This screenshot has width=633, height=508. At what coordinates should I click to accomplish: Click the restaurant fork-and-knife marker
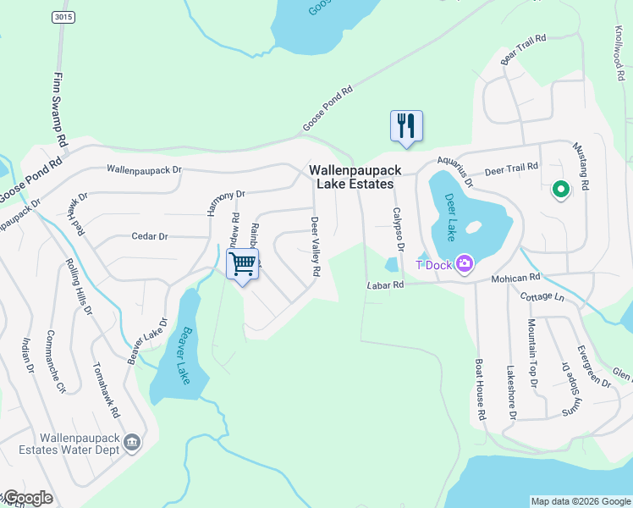click(406, 126)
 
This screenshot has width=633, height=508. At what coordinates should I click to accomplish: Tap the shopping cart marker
click(243, 264)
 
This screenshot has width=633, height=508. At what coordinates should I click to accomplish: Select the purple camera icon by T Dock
click(464, 264)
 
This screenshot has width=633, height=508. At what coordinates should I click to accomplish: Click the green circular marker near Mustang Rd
click(559, 190)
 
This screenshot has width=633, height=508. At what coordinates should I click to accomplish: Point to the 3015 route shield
click(59, 17)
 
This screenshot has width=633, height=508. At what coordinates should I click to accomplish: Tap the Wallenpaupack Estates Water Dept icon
click(132, 442)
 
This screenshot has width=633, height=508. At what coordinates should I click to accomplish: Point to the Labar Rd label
click(386, 285)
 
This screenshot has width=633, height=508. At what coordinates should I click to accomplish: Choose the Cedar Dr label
click(150, 237)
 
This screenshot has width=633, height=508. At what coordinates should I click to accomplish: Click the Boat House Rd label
click(480, 390)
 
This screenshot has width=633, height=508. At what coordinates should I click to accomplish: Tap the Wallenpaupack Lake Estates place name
click(355, 177)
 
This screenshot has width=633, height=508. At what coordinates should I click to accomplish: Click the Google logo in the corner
click(27, 498)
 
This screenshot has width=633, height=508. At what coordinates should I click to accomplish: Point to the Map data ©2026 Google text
click(580, 501)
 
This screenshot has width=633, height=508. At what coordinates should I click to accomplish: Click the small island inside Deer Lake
click(473, 227)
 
